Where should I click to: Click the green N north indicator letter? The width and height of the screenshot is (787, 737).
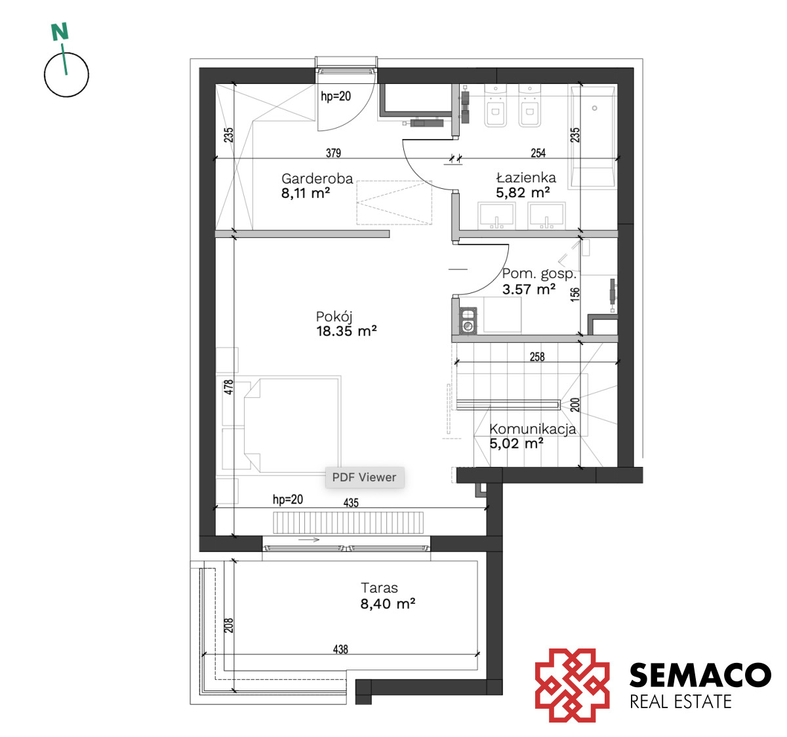tap(60, 32)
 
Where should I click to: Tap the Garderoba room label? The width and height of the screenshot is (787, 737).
tap(317, 179)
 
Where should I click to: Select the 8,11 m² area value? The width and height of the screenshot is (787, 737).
tap(306, 193)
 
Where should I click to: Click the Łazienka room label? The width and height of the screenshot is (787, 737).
tap(526, 178)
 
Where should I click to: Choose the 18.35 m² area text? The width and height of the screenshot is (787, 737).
tap(346, 331)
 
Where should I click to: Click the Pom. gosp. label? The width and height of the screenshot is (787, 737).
tap(539, 274)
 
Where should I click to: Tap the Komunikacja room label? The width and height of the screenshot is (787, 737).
tap(533, 429)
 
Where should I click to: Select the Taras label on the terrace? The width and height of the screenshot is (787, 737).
tap(379, 588)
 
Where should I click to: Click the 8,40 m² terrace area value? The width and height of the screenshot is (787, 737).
tap(388, 604)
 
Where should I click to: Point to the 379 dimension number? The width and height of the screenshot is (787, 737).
tap(333, 153)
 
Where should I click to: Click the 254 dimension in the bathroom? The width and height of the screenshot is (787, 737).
tap(538, 153)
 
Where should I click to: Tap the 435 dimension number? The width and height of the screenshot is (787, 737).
tap(351, 503)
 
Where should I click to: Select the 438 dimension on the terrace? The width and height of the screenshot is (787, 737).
tap(341, 649)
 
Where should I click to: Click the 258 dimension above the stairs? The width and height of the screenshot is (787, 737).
tap(537, 357)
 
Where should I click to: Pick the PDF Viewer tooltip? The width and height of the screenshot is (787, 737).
tap(365, 477)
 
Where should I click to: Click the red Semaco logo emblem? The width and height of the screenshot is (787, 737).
tap(573, 685)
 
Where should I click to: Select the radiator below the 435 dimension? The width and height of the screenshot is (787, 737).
tap(348, 523)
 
